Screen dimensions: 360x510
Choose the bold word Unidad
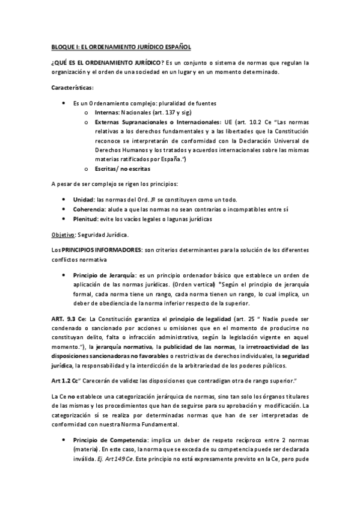(83, 199)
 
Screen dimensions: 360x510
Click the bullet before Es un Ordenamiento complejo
(64, 103)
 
